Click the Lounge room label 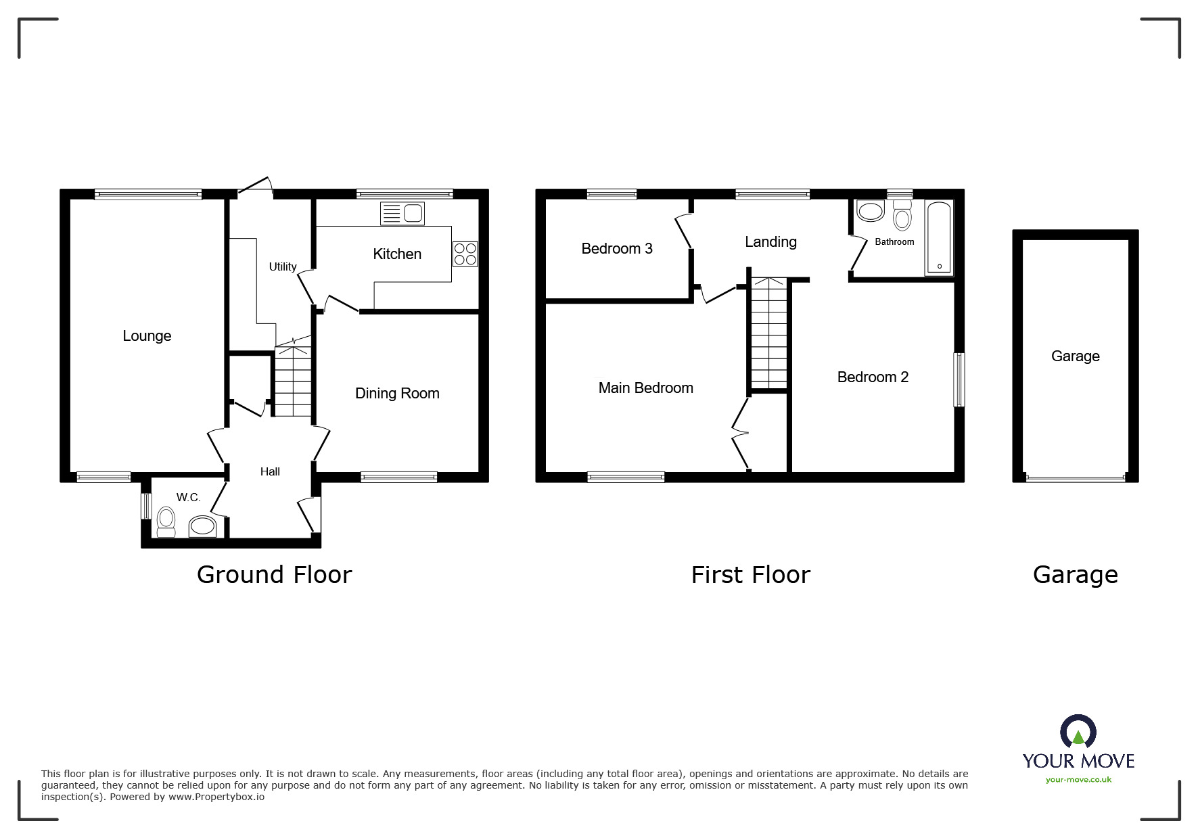(147, 336)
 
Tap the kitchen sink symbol (402, 214)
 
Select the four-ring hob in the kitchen (465, 254)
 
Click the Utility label (283, 267)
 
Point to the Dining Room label (397, 394)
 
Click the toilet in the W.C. (166, 523)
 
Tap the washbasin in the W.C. (202, 526)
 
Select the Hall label (270, 472)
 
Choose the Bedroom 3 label (617, 249)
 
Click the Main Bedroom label (646, 388)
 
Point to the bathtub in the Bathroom (939, 238)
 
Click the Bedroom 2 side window (959, 379)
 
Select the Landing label (770, 242)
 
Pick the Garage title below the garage (1075, 575)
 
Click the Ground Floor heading (274, 575)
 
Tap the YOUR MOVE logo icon (1078, 732)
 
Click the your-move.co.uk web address (1078, 780)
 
